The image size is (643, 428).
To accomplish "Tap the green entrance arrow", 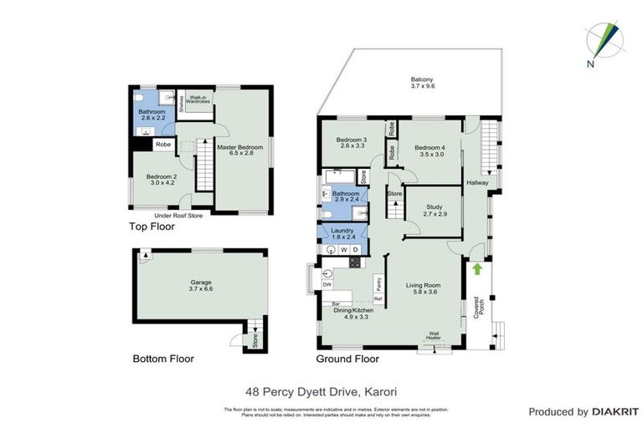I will (477, 268).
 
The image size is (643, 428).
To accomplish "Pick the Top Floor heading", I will (152, 227).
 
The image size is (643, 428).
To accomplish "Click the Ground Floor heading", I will (347, 359).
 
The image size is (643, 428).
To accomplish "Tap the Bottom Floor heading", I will (163, 359).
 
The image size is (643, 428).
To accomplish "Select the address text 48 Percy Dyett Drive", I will (321, 389).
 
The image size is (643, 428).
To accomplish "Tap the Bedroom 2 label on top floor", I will (162, 181).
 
